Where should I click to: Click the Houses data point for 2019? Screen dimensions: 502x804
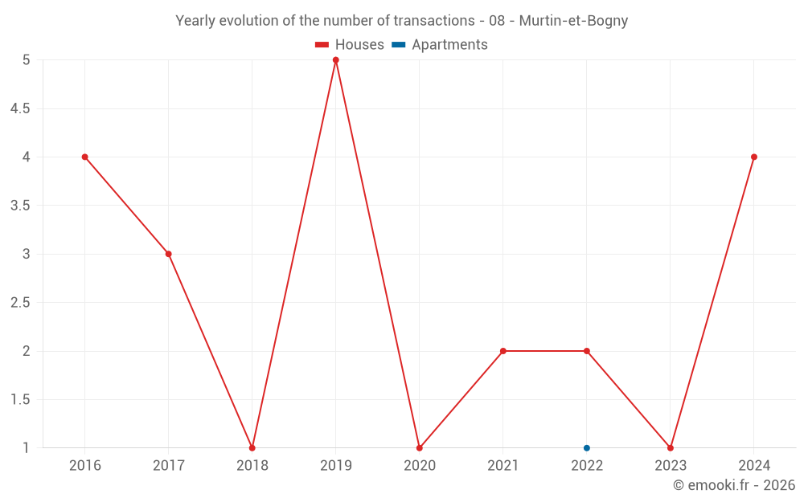(336, 60)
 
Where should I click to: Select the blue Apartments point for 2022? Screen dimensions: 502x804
(587, 447)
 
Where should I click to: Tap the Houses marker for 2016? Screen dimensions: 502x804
(84, 157)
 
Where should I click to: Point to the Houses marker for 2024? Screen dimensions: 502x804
(754, 157)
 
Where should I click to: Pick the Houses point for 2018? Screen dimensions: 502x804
(252, 447)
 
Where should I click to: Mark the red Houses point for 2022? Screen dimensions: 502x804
(587, 351)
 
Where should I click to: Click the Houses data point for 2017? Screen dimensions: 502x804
(169, 254)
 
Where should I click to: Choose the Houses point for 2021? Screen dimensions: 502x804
(503, 351)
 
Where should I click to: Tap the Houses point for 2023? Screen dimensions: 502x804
(671, 447)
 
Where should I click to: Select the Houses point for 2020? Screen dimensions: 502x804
(420, 447)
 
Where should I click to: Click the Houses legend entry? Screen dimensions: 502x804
(350, 45)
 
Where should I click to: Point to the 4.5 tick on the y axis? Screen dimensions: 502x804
(19, 108)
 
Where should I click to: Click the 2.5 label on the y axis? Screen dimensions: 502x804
(19, 303)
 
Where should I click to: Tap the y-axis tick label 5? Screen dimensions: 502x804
(27, 60)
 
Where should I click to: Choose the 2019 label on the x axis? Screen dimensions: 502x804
(336, 465)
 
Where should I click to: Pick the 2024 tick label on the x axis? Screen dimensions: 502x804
(754, 465)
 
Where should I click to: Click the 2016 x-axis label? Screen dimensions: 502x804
(84, 465)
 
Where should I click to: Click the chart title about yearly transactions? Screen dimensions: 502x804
(401, 21)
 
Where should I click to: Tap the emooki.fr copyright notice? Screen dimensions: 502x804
(733, 485)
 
